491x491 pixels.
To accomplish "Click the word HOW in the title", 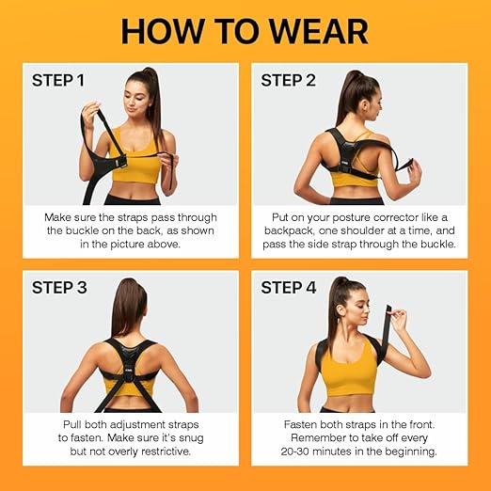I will click(165, 31).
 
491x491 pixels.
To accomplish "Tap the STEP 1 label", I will click(58, 80).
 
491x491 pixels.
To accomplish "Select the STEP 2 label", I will click(289, 80).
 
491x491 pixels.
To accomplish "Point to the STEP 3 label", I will click(59, 287).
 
